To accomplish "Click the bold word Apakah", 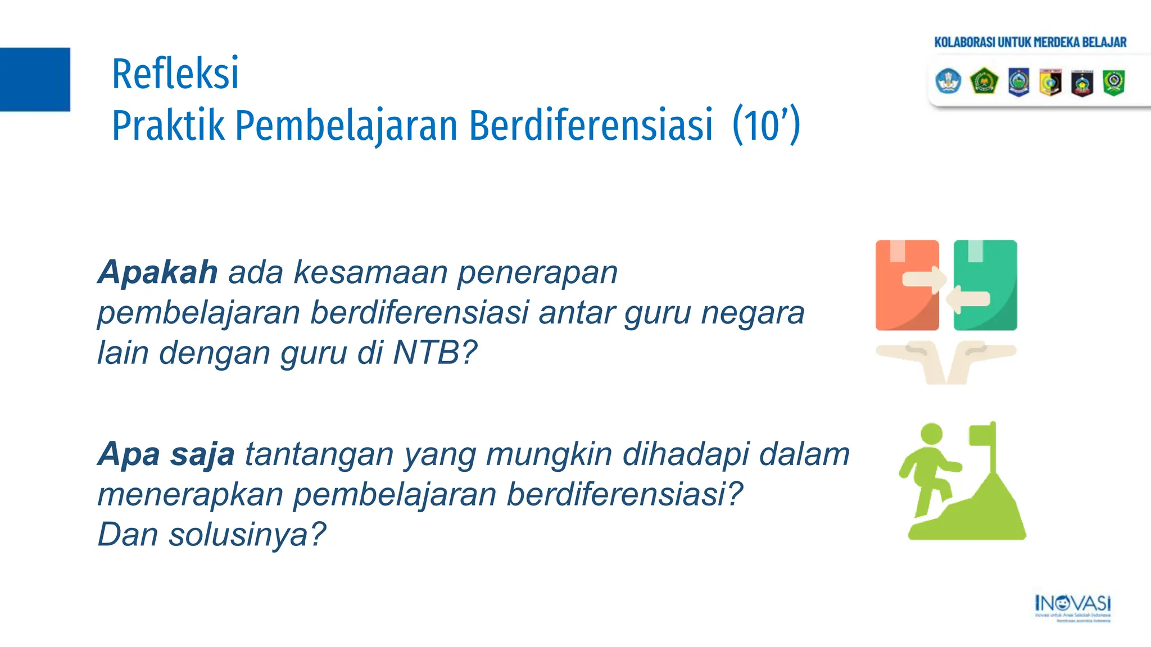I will click(x=158, y=272).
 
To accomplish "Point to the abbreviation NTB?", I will click(x=434, y=353).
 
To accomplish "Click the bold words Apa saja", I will click(x=166, y=454).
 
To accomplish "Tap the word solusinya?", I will click(x=247, y=534).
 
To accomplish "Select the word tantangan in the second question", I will click(x=319, y=454).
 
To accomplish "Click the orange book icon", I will click(x=906, y=285).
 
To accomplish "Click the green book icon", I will click(x=986, y=285).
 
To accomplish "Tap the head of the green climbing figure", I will click(x=931, y=434).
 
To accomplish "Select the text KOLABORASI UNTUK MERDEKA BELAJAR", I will click(x=1030, y=42).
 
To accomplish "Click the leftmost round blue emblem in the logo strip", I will click(x=948, y=81).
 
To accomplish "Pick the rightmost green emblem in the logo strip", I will click(x=1113, y=82).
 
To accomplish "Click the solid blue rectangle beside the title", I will click(x=35, y=79).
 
